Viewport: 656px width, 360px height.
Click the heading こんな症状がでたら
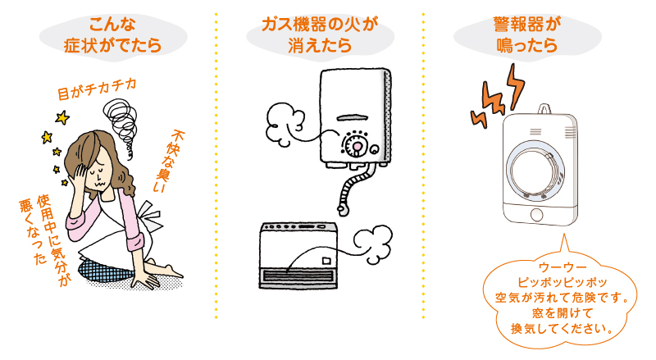click(x=111, y=34)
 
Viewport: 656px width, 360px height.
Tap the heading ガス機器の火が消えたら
click(x=320, y=34)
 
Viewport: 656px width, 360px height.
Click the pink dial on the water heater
click(x=356, y=146)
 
